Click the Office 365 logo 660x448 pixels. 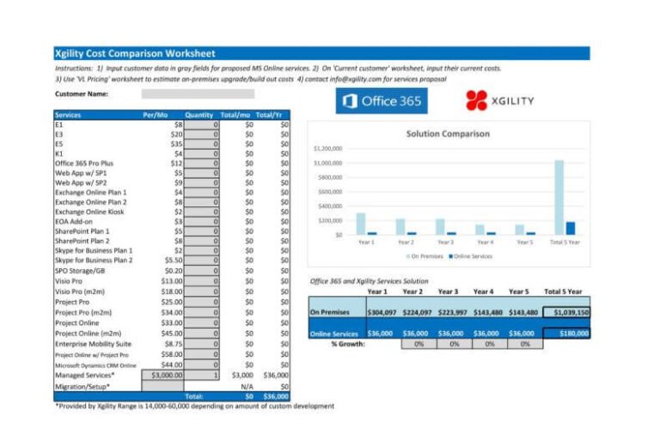click(381, 101)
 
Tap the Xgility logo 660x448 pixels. click(499, 101)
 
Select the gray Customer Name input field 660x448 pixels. click(198, 94)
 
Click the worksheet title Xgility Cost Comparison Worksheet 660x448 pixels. click(135, 53)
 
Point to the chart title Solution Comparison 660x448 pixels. click(447, 133)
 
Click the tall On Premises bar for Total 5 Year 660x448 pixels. click(559, 197)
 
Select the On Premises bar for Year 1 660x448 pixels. click(361, 224)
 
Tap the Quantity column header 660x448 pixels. click(199, 114)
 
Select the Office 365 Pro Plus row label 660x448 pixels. click(84, 163)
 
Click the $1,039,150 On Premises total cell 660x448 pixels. click(565, 312)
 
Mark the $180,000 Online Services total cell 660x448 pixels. click(565, 333)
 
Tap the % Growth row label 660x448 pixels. click(348, 344)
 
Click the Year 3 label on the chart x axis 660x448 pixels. click(445, 242)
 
